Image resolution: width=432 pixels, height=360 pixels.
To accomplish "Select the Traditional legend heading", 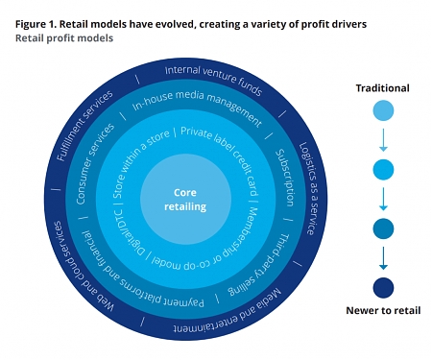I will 382,88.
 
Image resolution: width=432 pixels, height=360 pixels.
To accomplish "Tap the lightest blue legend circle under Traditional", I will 382,110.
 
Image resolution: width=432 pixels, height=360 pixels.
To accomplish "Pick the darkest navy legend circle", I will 382,286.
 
